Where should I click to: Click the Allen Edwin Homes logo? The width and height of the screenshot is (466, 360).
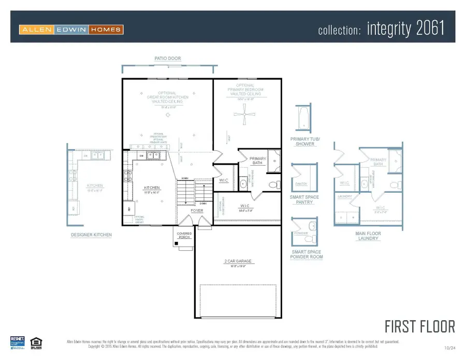coord(71,30)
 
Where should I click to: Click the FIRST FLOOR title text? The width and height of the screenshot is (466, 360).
coord(419,326)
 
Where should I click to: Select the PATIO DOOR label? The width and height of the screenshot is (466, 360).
coord(168,59)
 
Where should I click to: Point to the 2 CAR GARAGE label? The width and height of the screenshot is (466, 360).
coord(238,261)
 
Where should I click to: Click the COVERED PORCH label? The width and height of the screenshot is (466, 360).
coord(184,236)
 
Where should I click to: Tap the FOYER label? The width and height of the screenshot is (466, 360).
coord(197,211)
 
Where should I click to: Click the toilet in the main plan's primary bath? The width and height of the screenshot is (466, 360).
coord(273,184)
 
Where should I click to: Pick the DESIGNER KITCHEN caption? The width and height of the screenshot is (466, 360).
coord(91,235)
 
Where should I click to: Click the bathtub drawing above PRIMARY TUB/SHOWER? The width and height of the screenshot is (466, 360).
coord(302,119)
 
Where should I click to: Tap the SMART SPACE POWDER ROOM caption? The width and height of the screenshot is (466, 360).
coord(307,254)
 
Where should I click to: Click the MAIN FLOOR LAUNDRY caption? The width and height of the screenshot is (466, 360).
coord(368,236)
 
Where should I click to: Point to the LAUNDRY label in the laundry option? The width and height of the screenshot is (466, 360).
coord(344,196)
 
